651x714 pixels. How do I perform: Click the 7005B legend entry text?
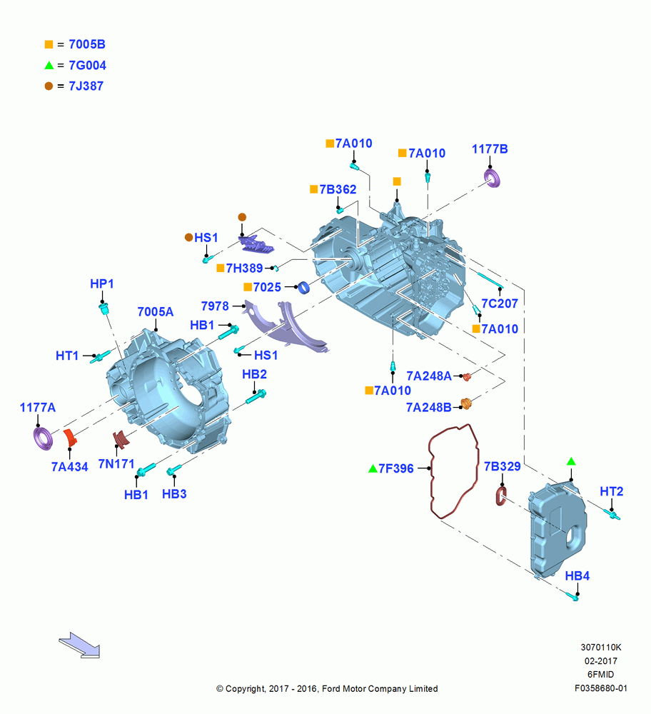tap(87, 44)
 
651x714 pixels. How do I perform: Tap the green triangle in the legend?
tap(49, 65)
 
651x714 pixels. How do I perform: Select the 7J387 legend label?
tap(86, 86)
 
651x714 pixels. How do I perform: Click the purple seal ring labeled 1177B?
tap(492, 178)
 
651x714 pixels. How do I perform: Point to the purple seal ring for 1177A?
tap(44, 438)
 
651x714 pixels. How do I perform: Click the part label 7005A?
tap(155, 312)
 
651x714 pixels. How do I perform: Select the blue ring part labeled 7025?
tap(303, 287)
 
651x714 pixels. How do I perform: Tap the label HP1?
tap(102, 283)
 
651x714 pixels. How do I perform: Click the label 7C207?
tap(500, 303)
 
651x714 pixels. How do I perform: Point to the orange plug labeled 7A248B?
tap(465, 403)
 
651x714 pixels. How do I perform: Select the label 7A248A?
tap(429, 376)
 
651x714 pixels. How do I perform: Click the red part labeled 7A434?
tap(70, 438)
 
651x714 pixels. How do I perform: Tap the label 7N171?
tap(116, 464)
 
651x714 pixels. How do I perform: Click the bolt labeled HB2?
tap(256, 397)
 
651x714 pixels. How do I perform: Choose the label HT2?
tap(612, 492)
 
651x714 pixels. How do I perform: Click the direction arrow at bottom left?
tap(80, 645)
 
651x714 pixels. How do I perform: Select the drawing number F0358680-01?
tap(600, 688)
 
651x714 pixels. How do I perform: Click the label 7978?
tap(215, 306)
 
